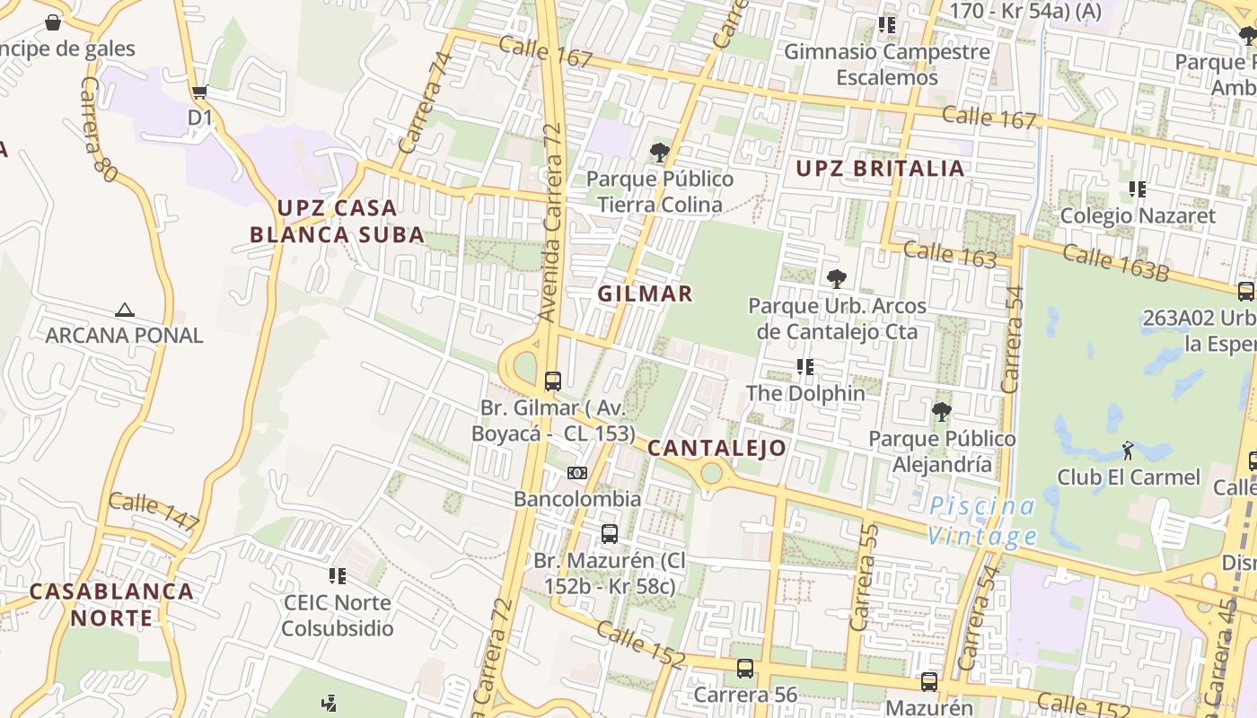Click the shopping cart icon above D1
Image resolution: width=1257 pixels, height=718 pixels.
(x=199, y=92)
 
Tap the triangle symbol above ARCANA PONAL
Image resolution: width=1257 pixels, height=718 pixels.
(x=125, y=311)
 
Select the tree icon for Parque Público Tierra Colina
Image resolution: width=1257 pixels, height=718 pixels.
(x=660, y=153)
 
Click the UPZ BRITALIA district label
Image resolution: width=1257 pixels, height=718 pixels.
(x=880, y=168)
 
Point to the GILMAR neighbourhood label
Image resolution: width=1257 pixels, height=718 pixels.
(x=645, y=293)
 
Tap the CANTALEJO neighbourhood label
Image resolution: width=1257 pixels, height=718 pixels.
(x=716, y=448)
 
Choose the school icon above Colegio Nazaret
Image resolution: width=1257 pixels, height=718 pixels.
(x=1137, y=189)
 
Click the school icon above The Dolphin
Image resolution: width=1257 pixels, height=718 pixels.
(x=805, y=367)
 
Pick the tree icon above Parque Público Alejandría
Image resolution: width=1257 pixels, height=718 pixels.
(x=941, y=413)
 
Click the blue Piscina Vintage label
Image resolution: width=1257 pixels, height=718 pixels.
(x=982, y=521)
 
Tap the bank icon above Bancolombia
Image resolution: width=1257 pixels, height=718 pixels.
(x=577, y=473)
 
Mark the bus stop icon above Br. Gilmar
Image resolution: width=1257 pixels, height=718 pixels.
(x=553, y=381)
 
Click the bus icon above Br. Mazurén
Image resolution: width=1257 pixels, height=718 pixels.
(x=610, y=534)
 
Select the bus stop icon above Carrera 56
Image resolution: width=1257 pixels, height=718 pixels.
(x=745, y=669)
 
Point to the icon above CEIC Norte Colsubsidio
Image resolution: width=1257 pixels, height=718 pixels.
(x=338, y=576)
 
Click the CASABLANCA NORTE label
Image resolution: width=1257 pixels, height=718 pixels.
(x=112, y=604)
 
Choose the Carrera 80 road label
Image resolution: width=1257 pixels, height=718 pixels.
(x=98, y=130)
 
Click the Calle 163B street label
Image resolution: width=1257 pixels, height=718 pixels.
(x=1116, y=262)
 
